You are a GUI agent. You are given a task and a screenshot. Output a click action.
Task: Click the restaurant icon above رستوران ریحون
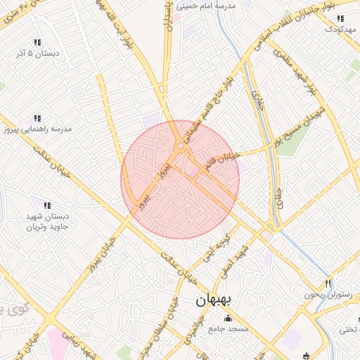327,283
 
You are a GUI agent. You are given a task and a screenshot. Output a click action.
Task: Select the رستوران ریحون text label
326,295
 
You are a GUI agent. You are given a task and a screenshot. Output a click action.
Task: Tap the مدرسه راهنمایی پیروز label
37,129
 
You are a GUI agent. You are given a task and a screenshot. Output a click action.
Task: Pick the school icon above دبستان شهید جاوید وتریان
46,205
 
